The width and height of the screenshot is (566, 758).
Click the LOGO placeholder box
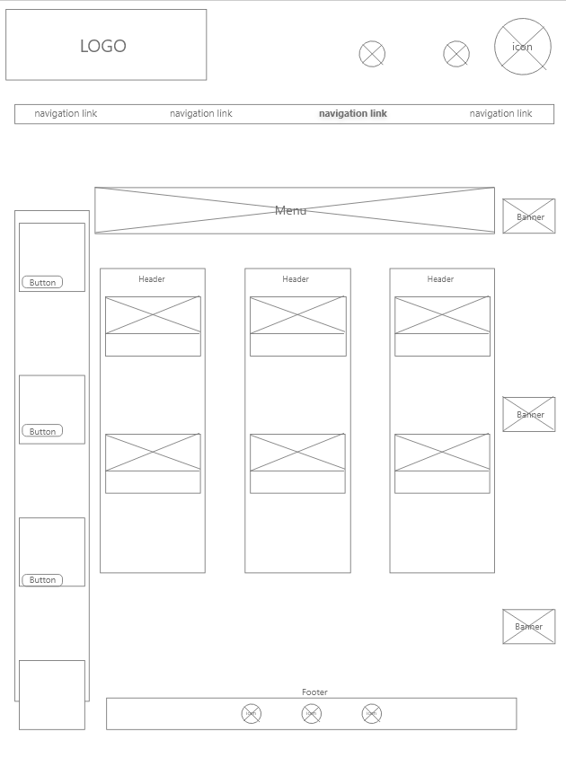(x=106, y=45)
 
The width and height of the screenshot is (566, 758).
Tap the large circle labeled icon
(x=522, y=47)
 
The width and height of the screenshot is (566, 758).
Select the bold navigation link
(x=353, y=114)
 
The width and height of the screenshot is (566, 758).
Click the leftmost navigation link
(x=66, y=114)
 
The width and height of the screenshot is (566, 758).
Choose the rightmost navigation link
(x=500, y=114)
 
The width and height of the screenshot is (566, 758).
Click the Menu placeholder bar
(x=294, y=210)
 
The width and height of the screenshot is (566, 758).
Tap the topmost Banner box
(x=529, y=216)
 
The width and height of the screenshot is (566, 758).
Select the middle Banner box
(x=529, y=414)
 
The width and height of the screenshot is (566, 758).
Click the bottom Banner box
(x=529, y=626)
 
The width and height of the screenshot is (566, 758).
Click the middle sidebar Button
(x=42, y=431)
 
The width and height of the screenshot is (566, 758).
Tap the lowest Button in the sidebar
(x=42, y=580)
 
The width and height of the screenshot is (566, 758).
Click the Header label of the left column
(x=152, y=279)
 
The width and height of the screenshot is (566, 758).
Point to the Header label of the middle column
(x=296, y=279)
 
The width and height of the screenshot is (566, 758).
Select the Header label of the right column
(x=440, y=279)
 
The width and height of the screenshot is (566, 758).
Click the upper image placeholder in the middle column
(x=297, y=315)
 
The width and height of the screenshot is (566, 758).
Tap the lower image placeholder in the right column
(x=442, y=453)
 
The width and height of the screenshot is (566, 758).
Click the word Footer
(x=314, y=692)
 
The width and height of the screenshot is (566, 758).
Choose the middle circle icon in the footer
(x=311, y=714)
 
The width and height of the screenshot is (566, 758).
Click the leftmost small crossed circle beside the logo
(x=372, y=54)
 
